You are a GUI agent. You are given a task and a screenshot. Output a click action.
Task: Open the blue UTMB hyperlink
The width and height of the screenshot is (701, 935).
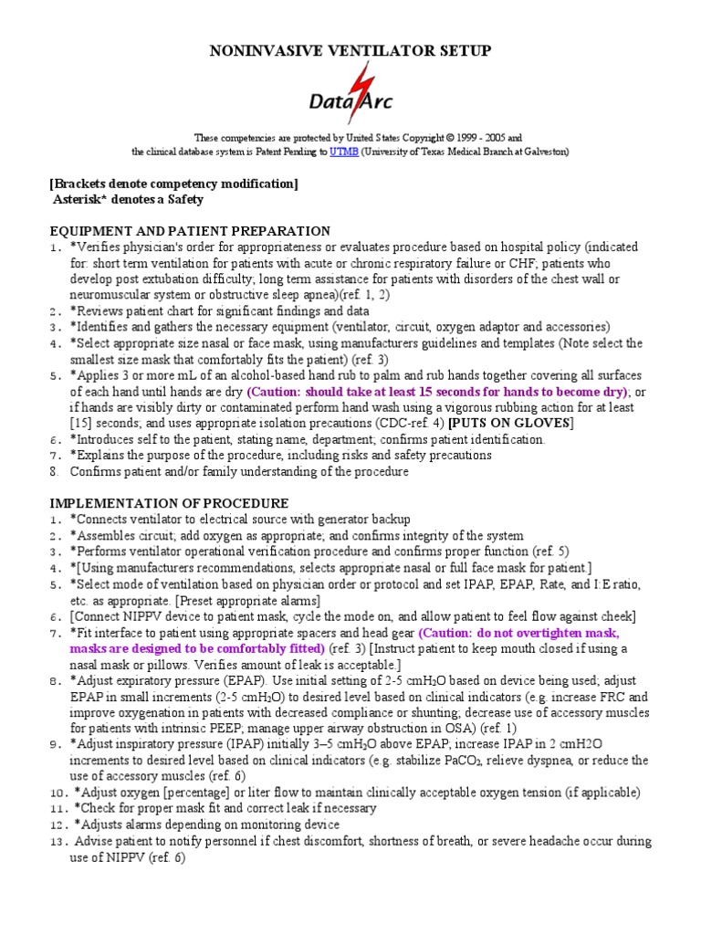pos(344,152)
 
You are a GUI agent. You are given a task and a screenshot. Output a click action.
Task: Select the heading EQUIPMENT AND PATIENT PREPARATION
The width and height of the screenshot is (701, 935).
pos(190,231)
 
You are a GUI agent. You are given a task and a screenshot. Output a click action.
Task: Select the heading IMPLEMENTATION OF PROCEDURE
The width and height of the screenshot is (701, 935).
pos(169,503)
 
